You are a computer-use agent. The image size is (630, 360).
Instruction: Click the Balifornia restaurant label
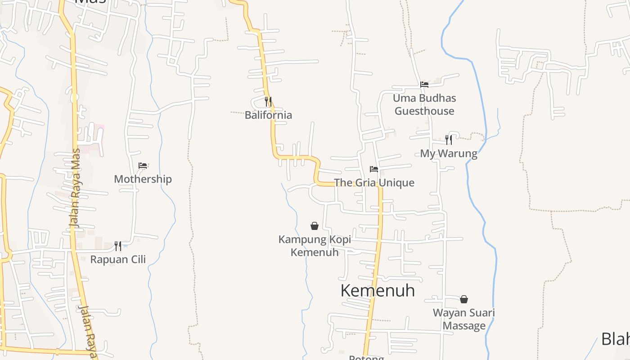268,115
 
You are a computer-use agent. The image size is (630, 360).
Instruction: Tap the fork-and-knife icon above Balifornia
268,101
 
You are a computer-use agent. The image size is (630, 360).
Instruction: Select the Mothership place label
143,179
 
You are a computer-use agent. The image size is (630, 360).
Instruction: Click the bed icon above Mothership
143,166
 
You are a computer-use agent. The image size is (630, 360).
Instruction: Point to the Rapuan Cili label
118,259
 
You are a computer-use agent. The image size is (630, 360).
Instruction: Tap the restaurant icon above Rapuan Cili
118,246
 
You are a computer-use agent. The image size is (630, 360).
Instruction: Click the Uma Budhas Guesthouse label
424,104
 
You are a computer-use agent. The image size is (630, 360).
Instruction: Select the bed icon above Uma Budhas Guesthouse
424,84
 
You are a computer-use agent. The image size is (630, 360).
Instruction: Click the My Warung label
449,153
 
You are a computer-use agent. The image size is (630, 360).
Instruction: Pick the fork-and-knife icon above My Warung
448,139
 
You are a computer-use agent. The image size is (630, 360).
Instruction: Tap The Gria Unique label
374,183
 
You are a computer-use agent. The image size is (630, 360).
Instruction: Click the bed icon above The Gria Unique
374,169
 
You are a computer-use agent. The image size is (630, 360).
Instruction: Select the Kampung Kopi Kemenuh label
315,246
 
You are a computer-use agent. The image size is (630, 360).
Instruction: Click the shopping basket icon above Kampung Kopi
315,226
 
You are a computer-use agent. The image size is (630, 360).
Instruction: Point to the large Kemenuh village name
378,291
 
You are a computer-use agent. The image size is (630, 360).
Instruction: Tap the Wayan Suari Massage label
464,319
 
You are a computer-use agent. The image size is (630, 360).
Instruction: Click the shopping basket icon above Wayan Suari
464,299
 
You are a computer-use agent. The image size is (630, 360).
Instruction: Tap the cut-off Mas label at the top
90,2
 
